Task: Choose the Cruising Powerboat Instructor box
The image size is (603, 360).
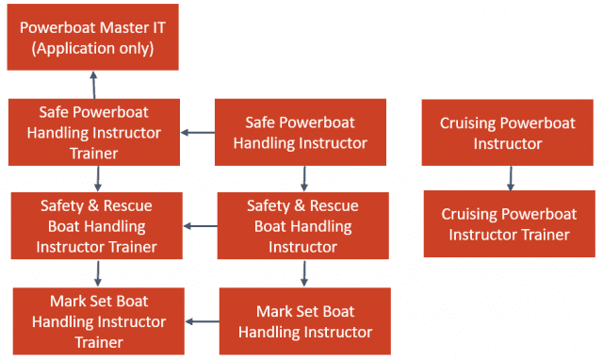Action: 508,133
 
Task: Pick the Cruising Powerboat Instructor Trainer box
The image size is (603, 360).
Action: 510,223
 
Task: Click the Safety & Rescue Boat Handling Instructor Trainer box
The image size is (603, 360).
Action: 96,226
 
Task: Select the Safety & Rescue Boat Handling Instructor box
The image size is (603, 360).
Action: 302,225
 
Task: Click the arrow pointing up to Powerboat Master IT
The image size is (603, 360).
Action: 94,84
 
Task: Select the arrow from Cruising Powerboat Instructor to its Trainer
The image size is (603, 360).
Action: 510,177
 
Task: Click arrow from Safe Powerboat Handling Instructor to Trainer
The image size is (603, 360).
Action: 198,132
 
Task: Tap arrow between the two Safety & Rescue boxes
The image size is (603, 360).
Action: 200,226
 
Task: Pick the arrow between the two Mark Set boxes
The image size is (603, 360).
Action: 203,321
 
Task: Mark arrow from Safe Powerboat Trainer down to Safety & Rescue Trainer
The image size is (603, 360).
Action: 97,178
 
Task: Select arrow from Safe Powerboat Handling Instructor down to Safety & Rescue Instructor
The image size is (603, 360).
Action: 303,178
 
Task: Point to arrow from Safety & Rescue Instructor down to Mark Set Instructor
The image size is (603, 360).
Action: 304,273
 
